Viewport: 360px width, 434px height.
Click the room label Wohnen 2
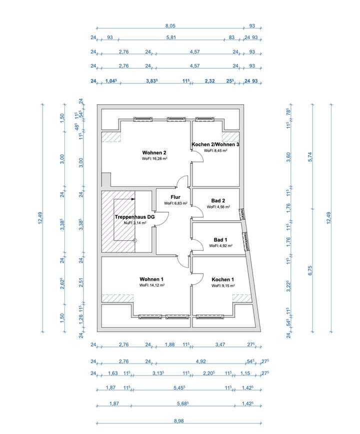(x=154, y=153)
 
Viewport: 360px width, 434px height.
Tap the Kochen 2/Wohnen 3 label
(x=215, y=144)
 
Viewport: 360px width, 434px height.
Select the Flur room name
(x=175, y=197)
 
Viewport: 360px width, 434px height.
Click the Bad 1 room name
(x=219, y=240)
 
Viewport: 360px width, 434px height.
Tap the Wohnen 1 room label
(x=152, y=279)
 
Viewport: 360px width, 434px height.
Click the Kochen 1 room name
(x=222, y=280)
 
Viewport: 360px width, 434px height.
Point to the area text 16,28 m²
(x=154, y=159)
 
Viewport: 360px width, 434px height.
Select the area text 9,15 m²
(x=222, y=286)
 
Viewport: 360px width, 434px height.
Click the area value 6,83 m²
(x=175, y=204)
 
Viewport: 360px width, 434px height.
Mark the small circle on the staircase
(x=135, y=240)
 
